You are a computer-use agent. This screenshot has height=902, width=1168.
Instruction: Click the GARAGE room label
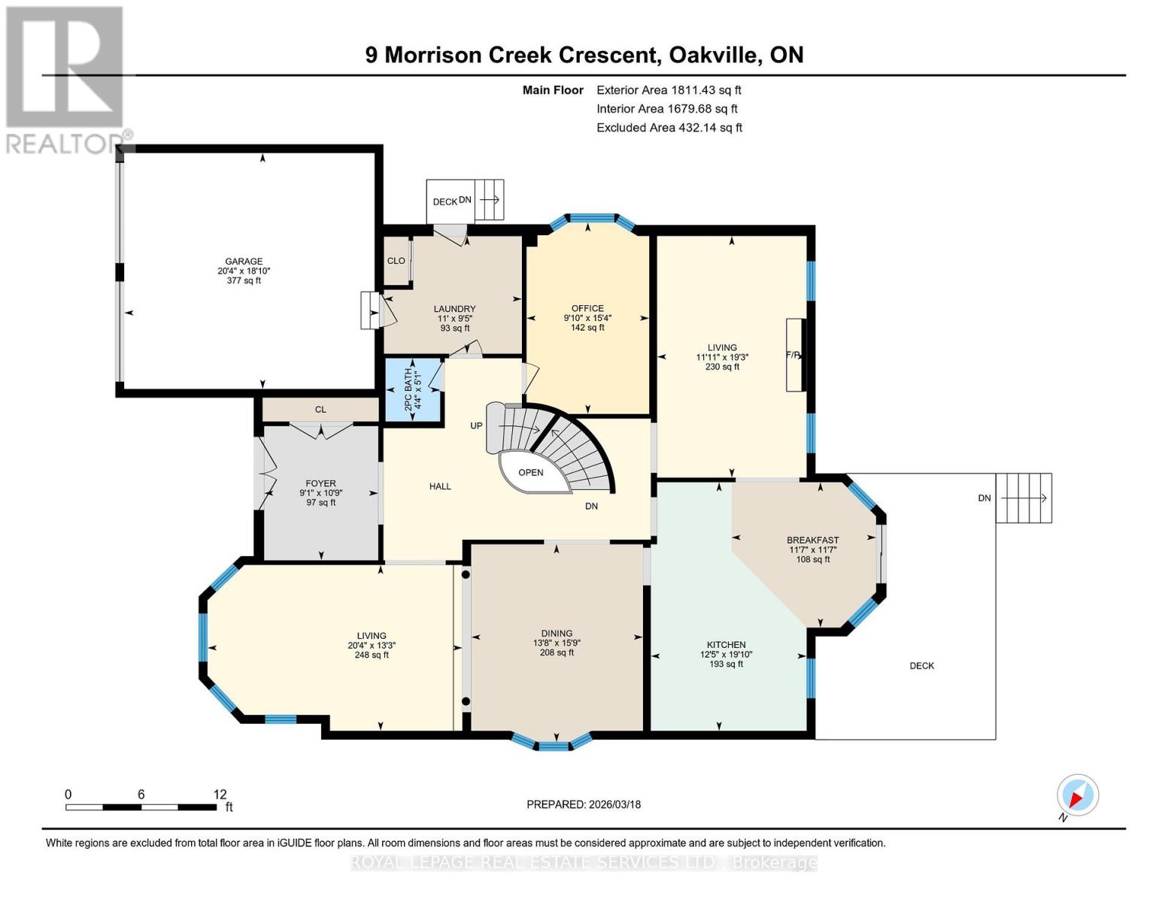(244, 262)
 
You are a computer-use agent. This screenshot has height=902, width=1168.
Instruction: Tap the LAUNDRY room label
(454, 309)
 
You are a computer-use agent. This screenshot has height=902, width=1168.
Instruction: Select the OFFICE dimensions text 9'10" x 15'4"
(587, 318)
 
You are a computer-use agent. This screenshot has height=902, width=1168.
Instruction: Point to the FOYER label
(320, 483)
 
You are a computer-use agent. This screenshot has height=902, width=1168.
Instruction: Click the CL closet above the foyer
(320, 410)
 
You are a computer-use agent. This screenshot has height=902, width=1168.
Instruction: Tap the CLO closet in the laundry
(396, 261)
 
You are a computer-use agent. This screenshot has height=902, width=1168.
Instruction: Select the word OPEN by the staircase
(531, 473)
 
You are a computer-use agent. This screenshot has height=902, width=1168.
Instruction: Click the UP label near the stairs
(476, 425)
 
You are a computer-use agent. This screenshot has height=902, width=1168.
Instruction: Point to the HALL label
(440, 486)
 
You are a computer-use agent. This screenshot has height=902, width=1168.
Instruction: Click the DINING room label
(557, 633)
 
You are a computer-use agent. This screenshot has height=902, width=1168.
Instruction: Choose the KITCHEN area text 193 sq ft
(726, 664)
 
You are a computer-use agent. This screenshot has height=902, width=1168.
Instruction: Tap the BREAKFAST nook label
(812, 540)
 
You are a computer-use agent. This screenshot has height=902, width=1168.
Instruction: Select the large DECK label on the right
(921, 665)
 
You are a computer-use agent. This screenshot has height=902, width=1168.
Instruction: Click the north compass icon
(1077, 795)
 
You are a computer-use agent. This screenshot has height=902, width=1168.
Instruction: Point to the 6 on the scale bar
(141, 795)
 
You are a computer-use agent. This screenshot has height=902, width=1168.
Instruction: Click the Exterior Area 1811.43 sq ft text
(669, 89)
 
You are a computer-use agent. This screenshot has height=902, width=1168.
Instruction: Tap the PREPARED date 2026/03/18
(584, 804)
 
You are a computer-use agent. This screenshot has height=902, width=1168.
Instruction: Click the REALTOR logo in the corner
(65, 79)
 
